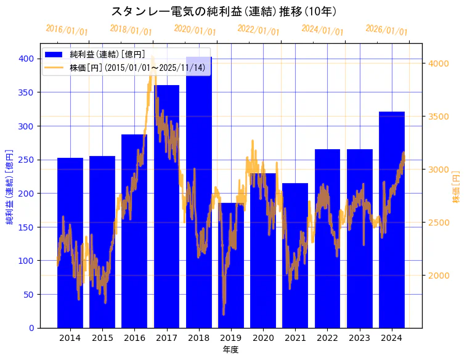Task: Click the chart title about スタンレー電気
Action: click(x=224, y=11)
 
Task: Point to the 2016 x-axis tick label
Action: click(x=134, y=338)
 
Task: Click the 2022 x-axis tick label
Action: click(x=327, y=338)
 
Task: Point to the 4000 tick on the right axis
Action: click(x=440, y=63)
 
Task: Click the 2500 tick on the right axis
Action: click(x=440, y=223)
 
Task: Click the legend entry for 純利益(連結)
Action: click(x=108, y=55)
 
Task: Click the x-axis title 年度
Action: click(x=230, y=350)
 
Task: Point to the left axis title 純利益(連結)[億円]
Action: click(x=10, y=187)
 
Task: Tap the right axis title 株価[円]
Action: click(x=456, y=187)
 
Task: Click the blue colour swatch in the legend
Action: click(x=54, y=55)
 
